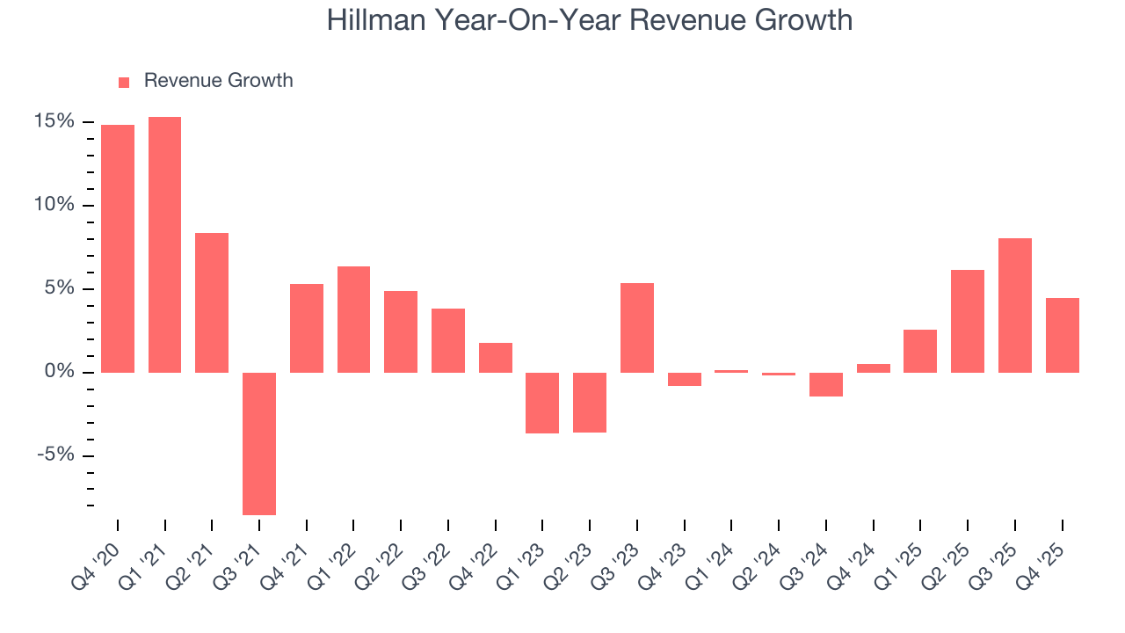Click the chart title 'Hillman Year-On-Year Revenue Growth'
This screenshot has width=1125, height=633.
pyautogui.click(x=590, y=19)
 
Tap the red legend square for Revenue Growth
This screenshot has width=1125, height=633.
pyautogui.click(x=124, y=82)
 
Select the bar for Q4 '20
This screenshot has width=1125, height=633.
pyautogui.click(x=118, y=249)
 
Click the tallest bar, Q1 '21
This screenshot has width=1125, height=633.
pyautogui.click(x=165, y=244)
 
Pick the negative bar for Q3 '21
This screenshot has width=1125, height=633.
pyautogui.click(x=259, y=443)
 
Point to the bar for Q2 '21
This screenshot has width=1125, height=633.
pyautogui.click(x=212, y=302)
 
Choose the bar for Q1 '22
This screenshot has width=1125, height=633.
pyautogui.click(x=353, y=319)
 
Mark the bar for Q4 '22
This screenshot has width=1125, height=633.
pyautogui.click(x=496, y=357)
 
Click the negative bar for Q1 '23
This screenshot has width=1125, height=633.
pyautogui.click(x=542, y=403)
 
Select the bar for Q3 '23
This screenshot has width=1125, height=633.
pyautogui.click(x=637, y=328)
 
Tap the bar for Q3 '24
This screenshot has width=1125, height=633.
pyautogui.click(x=826, y=384)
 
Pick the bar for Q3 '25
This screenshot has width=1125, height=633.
pyautogui.click(x=1015, y=305)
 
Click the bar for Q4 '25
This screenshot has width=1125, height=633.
pyautogui.click(x=1063, y=335)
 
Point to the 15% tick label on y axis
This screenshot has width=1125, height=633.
pyautogui.click(x=54, y=121)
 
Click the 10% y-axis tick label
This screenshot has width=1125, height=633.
pyautogui.click(x=54, y=205)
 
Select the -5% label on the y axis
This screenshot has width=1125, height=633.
pyautogui.click(x=54, y=455)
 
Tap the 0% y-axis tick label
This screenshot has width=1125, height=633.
pyautogui.click(x=59, y=372)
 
